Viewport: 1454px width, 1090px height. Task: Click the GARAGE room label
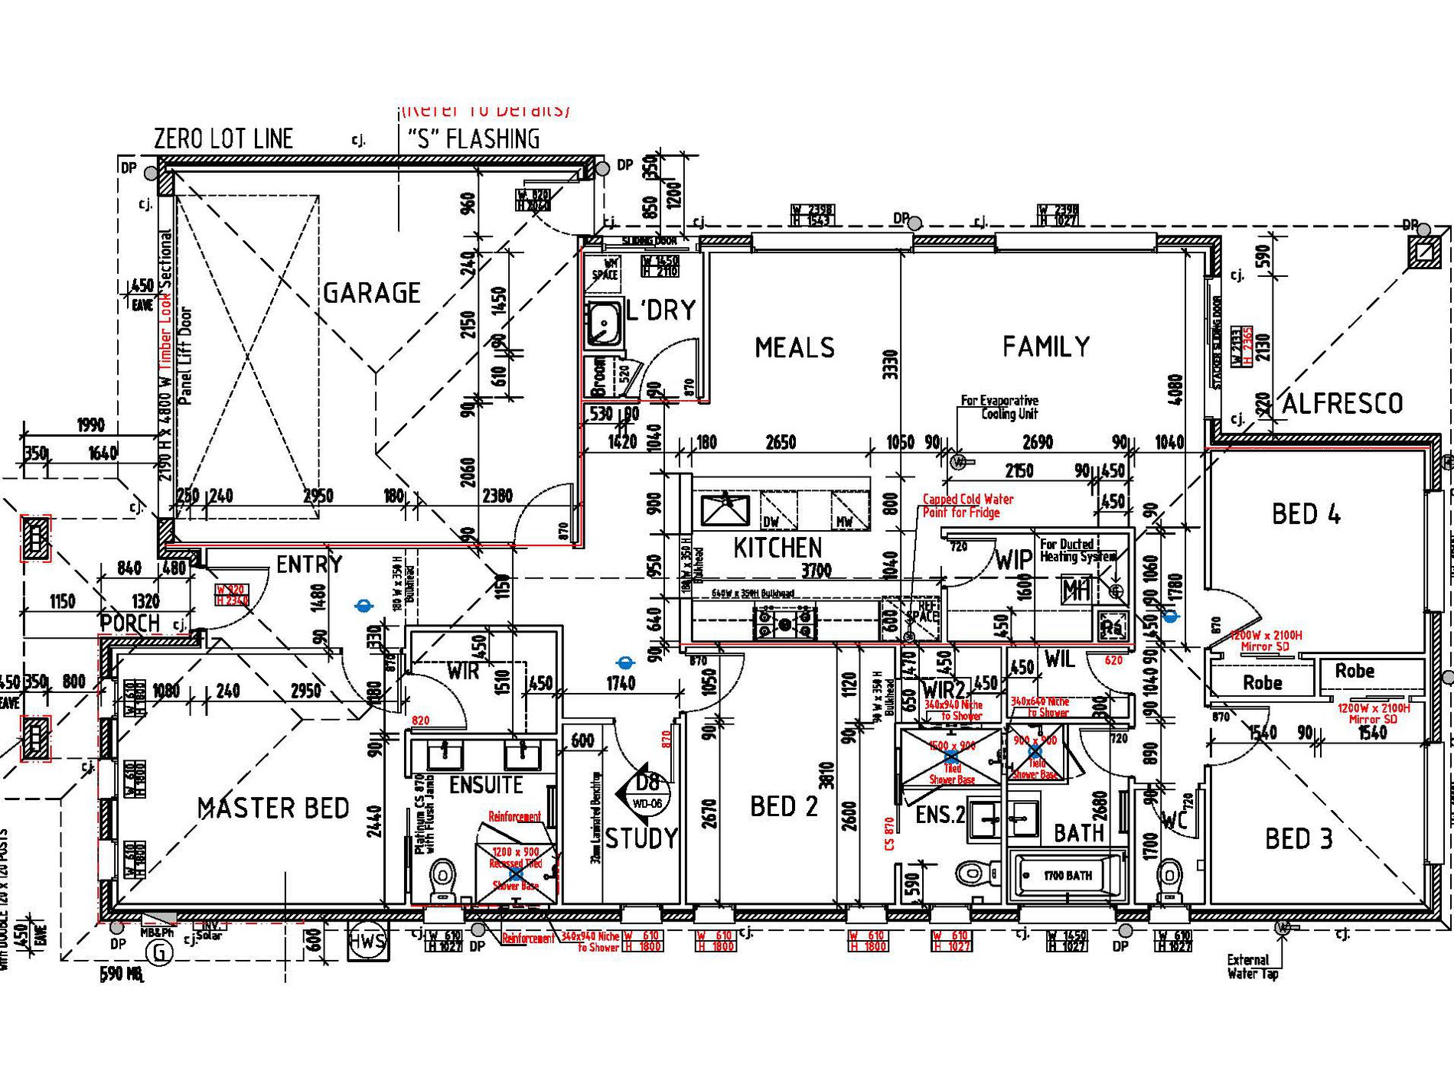[x=372, y=293]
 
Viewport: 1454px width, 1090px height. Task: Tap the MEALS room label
[x=794, y=348]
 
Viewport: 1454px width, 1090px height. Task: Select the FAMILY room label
[x=1046, y=347]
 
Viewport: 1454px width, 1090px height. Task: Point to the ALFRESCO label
[x=1342, y=403]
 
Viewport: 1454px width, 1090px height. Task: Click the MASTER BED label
[x=273, y=808]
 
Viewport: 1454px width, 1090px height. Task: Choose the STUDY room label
[x=641, y=838]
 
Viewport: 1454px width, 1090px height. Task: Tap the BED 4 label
[x=1306, y=514]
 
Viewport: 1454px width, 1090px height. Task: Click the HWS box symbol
[x=367, y=941]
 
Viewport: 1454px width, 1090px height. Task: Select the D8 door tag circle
[x=648, y=786]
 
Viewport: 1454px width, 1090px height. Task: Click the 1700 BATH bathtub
[x=1068, y=876]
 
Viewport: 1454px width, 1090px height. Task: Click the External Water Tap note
[x=1253, y=966]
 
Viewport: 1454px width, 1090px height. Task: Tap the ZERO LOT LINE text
[x=223, y=138]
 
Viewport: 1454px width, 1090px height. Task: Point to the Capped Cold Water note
[x=967, y=506]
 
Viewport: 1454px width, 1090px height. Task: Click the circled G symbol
[x=160, y=952]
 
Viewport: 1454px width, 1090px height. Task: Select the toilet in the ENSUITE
[x=442, y=880]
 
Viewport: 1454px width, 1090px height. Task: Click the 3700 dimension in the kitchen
[x=816, y=570]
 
